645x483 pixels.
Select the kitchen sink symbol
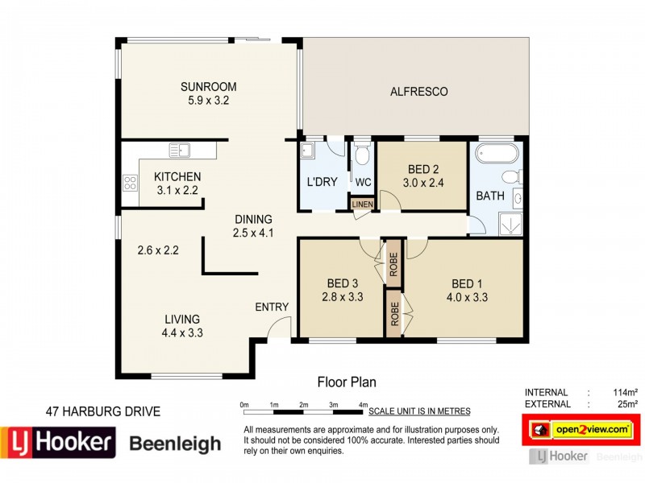[x=179, y=150]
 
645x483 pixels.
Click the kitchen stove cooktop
[x=129, y=183]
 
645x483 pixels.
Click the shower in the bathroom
[x=509, y=221]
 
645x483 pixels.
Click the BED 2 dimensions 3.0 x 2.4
[x=423, y=183]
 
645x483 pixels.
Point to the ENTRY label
[x=272, y=307]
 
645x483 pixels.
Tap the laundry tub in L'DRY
[x=308, y=151]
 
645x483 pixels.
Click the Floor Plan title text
[x=347, y=382]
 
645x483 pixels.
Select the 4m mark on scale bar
[x=364, y=404]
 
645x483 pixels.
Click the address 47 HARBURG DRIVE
[x=102, y=411]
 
